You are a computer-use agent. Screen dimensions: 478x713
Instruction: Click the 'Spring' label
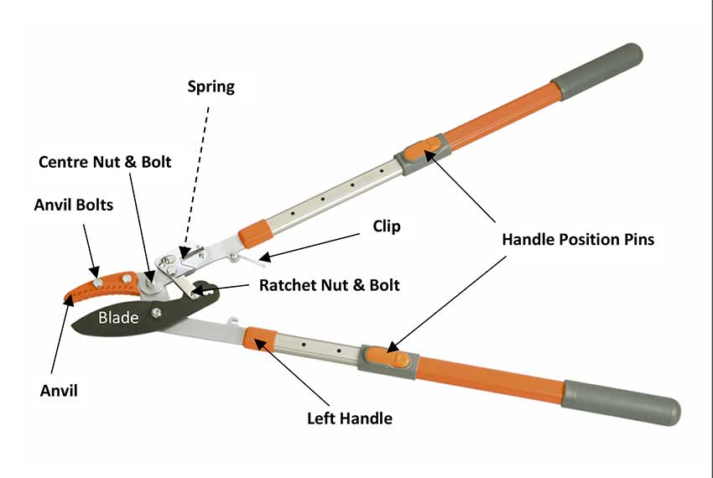click(211, 86)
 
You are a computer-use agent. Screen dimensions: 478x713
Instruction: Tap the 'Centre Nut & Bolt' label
click(105, 161)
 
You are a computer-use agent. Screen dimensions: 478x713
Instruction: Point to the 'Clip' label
click(387, 226)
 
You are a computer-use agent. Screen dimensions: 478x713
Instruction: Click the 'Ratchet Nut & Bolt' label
click(329, 285)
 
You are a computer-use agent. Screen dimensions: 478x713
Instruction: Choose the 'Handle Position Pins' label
click(578, 239)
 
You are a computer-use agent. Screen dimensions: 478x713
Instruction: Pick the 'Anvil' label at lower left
click(58, 390)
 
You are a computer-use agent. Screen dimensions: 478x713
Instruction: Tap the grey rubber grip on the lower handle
click(621, 403)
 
